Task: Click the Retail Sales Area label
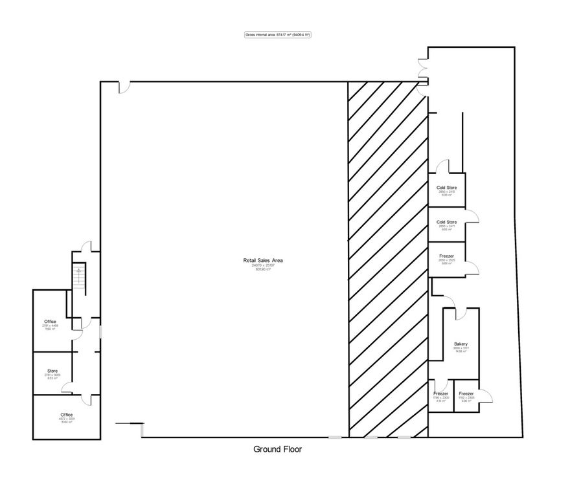pos(262,260)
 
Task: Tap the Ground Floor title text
pos(277,448)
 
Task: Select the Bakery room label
pos(461,344)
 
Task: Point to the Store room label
pos(52,371)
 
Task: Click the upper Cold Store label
pos(447,188)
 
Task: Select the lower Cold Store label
pos(447,222)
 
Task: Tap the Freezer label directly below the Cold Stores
pos(447,256)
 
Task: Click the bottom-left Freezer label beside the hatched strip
pos(440,393)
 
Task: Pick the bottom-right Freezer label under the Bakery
pos(466,393)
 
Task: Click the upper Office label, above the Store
pos(51,322)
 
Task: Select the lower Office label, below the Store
pos(67,414)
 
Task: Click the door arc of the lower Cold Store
pos(474,219)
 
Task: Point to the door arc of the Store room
pos(67,388)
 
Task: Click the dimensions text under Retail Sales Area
pos(262,265)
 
